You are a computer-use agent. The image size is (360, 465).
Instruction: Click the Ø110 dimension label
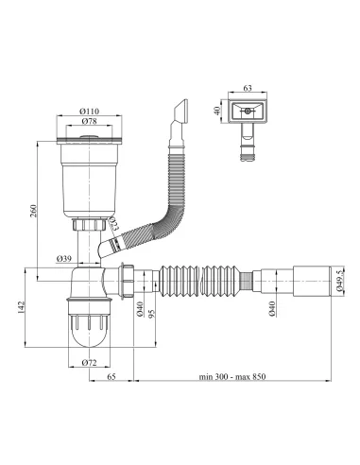click(x=89, y=112)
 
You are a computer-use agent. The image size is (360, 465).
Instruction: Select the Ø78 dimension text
click(x=89, y=121)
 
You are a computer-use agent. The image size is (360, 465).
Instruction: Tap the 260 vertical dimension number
click(x=33, y=211)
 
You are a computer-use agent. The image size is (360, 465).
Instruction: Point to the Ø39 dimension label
click(x=64, y=259)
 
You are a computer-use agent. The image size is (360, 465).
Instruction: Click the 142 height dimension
click(x=21, y=307)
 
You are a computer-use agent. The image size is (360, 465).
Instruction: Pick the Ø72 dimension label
click(x=89, y=363)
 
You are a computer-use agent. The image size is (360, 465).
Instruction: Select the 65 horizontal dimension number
click(x=111, y=376)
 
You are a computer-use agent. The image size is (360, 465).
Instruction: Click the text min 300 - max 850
click(x=232, y=376)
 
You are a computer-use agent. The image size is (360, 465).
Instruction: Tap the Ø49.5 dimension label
click(x=339, y=280)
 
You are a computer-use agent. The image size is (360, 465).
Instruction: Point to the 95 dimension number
click(x=151, y=314)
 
